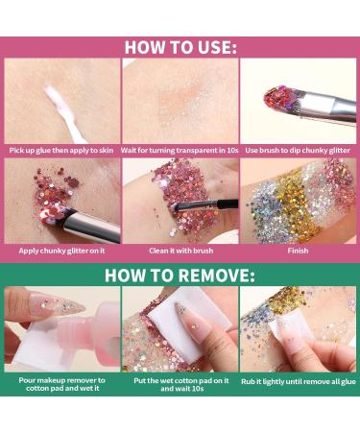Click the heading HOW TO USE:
tap(180, 47)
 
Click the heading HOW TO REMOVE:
tap(180, 275)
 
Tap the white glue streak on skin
tap(63, 112)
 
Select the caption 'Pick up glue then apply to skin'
tap(61, 150)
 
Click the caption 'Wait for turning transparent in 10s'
tap(180, 150)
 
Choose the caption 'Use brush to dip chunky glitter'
tap(298, 150)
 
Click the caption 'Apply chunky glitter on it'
tap(61, 251)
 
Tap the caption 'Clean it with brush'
tap(181, 251)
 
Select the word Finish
tap(298, 251)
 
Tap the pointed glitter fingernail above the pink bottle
tap(57, 304)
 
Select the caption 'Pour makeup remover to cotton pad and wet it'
tap(62, 384)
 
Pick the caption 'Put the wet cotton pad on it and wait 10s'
tap(181, 385)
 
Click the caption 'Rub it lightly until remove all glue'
tap(299, 381)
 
